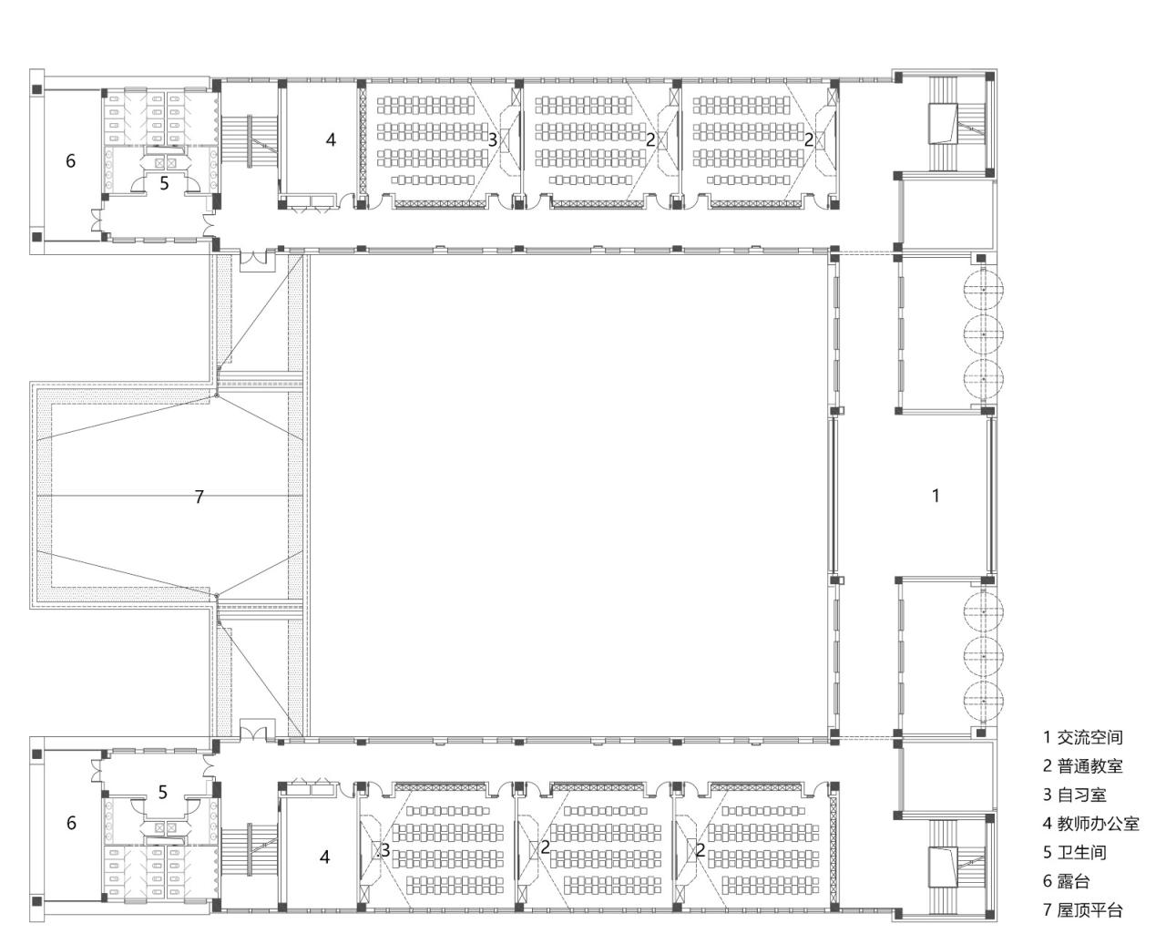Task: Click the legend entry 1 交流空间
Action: (x=1082, y=737)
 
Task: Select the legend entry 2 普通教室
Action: (x=1082, y=766)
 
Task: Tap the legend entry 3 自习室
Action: (x=1075, y=795)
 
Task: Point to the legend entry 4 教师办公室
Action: (x=1090, y=824)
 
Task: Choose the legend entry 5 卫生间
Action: (x=1075, y=853)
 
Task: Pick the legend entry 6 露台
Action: (x=1067, y=881)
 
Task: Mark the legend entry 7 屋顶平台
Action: (x=1082, y=909)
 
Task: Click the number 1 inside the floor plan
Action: (x=935, y=496)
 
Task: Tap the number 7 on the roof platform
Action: (x=199, y=497)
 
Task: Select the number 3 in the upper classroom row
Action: (x=492, y=139)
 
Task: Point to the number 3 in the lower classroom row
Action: (x=385, y=850)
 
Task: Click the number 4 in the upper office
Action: (x=331, y=139)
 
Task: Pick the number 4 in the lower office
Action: (x=324, y=857)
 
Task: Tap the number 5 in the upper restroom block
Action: (x=164, y=183)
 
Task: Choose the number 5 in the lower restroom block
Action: (x=162, y=792)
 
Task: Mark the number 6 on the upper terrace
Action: (x=70, y=161)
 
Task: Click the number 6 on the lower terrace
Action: (x=71, y=823)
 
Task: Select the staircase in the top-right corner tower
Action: (x=956, y=124)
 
